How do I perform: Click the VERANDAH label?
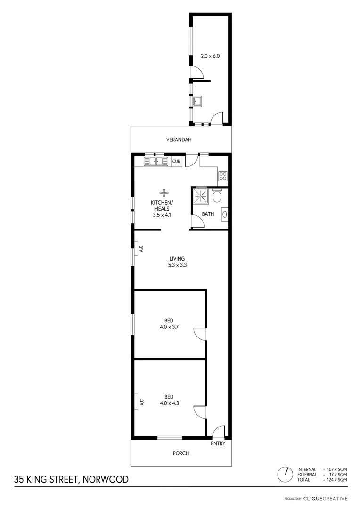(x=180, y=140)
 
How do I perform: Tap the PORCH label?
(x=181, y=453)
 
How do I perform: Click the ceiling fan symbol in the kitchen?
(x=164, y=192)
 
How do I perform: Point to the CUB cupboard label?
(x=176, y=162)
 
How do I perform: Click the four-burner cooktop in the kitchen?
(x=223, y=177)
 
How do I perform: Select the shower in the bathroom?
(x=200, y=196)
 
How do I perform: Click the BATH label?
(x=208, y=214)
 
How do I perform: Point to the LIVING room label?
(x=177, y=258)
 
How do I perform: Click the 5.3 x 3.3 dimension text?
(x=177, y=265)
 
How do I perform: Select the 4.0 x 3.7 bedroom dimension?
(x=169, y=327)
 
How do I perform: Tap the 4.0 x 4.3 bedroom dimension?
(x=169, y=403)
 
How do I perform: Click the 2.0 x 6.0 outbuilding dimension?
(x=211, y=56)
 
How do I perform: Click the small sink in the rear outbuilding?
(x=198, y=101)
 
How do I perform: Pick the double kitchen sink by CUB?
(x=156, y=162)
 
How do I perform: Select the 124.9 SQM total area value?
(x=336, y=480)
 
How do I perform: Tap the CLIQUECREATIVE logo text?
(x=326, y=498)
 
